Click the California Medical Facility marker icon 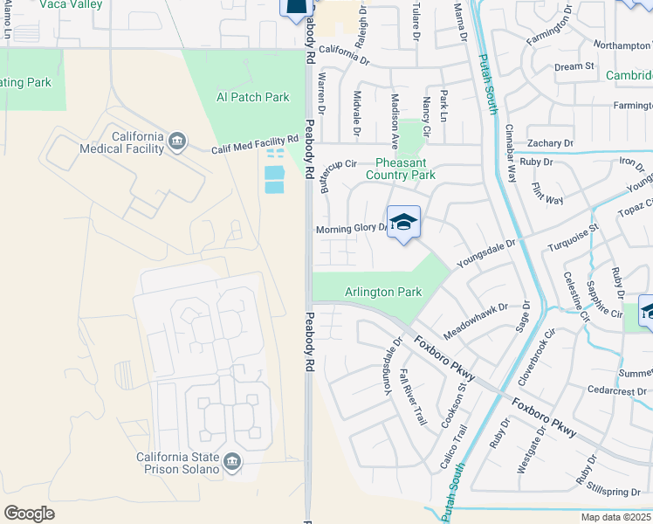point(177,141)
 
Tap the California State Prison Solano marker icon point(232,462)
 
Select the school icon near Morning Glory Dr point(404,223)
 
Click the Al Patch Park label point(252,97)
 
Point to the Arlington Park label point(383,292)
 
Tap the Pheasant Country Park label point(405,169)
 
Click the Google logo point(29,514)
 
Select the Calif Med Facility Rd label point(255,145)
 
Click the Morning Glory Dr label point(351,229)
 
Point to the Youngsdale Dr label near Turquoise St point(486,248)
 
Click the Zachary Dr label point(550,142)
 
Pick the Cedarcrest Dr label point(616,390)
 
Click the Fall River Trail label point(413,397)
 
